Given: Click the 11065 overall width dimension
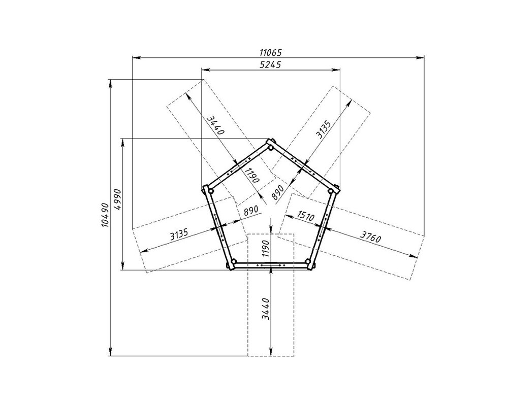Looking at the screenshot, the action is (271, 52).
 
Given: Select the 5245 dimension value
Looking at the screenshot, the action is (271, 64).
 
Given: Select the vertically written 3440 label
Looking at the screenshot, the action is (266, 309).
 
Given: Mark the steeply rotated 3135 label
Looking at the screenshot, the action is (324, 129).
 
